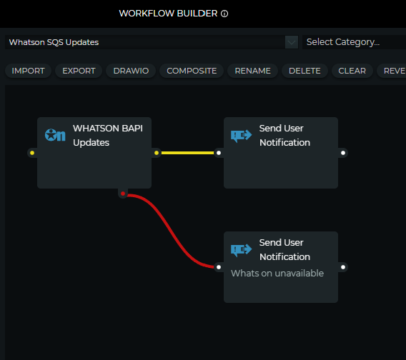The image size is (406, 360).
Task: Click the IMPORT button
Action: (x=28, y=71)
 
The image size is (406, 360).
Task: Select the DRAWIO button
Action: (x=131, y=71)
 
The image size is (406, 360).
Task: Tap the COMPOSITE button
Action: (x=192, y=71)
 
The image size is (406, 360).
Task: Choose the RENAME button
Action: (x=253, y=71)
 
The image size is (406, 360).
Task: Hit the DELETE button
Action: (x=304, y=71)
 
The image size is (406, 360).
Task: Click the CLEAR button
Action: (x=352, y=71)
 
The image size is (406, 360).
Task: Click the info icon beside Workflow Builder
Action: (x=224, y=14)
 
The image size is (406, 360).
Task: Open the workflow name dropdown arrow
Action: (x=292, y=42)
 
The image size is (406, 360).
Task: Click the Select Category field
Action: (x=354, y=42)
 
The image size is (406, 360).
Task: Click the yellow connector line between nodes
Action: (x=187, y=153)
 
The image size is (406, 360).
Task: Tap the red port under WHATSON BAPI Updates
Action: (x=123, y=194)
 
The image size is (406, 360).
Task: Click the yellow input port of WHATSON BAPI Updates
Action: (x=32, y=153)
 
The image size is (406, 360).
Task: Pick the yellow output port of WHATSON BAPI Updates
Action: (x=157, y=153)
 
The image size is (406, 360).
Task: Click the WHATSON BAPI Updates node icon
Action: (x=55, y=135)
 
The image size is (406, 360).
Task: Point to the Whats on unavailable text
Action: (x=277, y=274)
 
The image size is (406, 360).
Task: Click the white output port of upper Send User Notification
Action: (x=343, y=153)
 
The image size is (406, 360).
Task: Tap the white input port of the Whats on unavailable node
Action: (x=219, y=267)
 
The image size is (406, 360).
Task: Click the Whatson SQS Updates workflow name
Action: (x=54, y=42)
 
